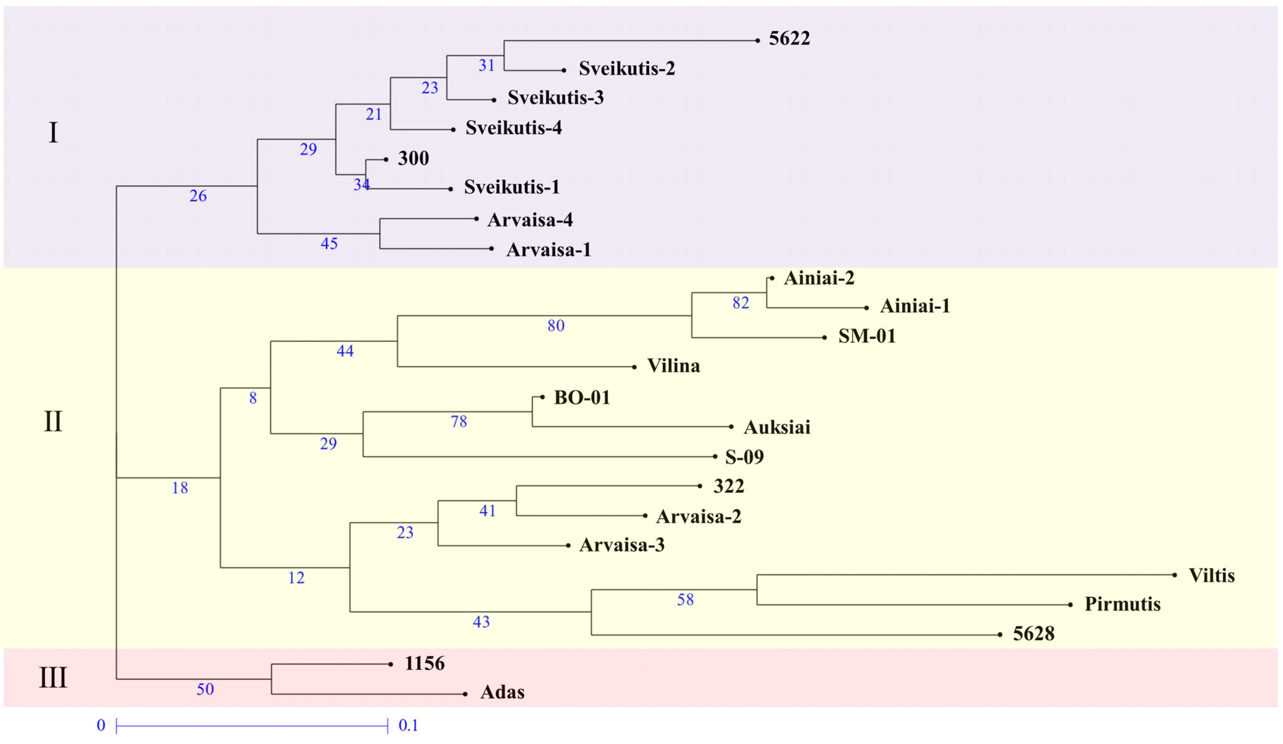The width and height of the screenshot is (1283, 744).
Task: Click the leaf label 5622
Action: point(789,39)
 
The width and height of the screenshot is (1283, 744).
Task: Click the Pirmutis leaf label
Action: point(1123,604)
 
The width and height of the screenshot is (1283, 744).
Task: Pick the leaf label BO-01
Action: point(582,398)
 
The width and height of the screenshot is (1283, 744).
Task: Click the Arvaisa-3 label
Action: point(622,545)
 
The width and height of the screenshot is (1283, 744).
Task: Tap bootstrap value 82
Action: point(741,303)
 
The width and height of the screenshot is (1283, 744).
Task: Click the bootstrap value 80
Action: point(556,326)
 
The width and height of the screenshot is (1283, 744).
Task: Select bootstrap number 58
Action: point(685,600)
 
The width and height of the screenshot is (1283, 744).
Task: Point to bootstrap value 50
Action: point(205,689)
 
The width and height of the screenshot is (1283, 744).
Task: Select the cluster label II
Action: point(53,422)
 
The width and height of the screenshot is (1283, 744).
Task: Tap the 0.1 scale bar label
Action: point(408,726)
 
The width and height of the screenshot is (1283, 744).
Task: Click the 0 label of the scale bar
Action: point(101,726)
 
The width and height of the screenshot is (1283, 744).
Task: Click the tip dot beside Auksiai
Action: point(731,427)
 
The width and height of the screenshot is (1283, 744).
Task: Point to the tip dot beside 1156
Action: point(391,665)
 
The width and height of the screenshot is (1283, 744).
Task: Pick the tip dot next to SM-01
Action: point(824,337)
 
